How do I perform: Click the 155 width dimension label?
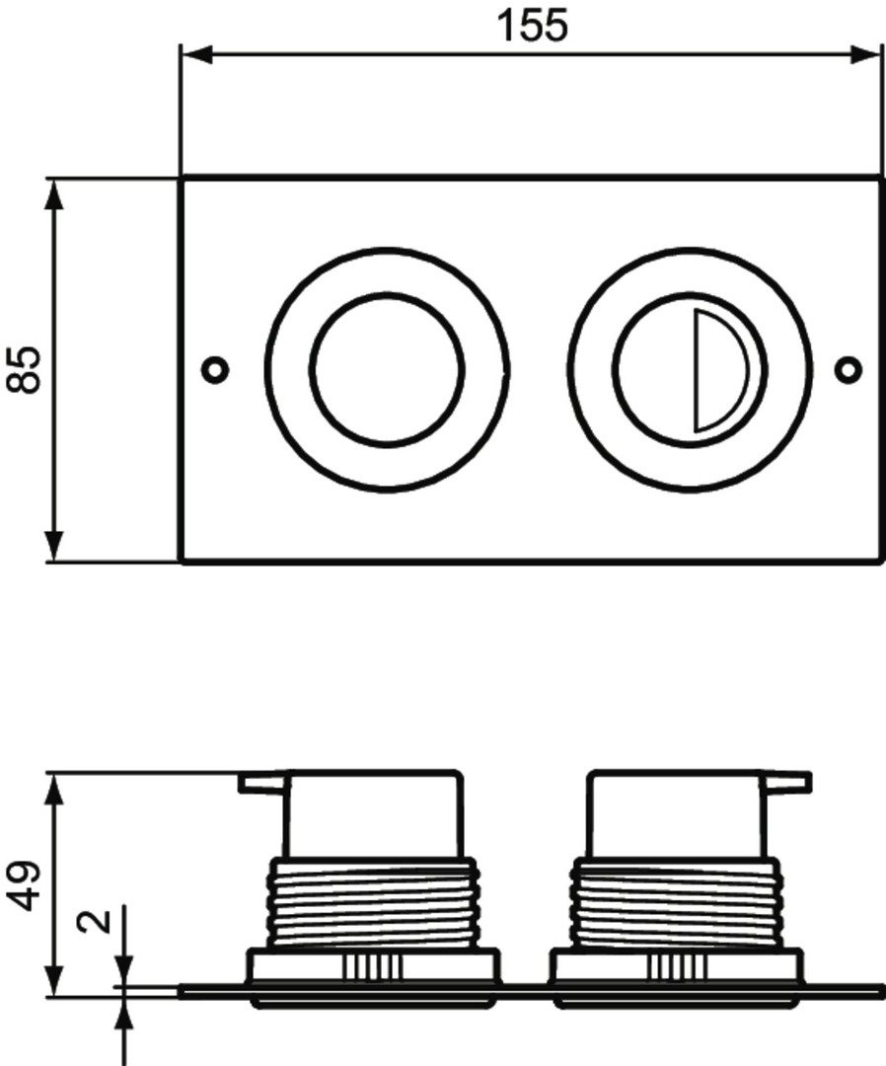532,26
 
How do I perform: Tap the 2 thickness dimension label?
94,921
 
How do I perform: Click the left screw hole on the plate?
215,370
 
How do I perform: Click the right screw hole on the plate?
848,370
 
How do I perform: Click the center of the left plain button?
388,370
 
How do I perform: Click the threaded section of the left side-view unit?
372,901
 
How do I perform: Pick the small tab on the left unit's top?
263,782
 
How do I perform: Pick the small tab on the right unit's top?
786,782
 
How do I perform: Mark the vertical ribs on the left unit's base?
372,966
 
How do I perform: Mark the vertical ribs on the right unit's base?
676,966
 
